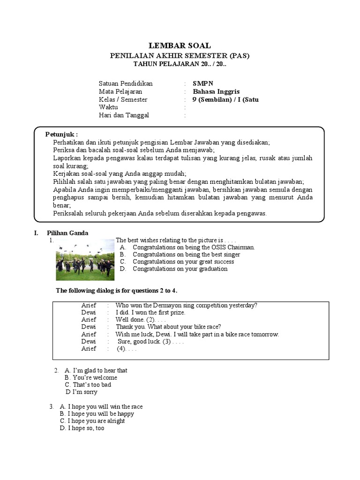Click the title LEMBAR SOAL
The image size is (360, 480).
point(180,45)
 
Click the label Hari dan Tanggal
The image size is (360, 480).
point(124,115)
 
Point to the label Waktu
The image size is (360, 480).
point(108,107)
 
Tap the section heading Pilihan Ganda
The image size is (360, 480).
point(67,233)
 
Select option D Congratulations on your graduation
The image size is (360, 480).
point(180,269)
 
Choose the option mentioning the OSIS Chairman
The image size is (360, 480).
point(194,247)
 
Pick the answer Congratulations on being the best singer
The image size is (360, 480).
point(186,255)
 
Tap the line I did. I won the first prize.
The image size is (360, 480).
point(150,312)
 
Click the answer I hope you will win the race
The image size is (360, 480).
point(105,406)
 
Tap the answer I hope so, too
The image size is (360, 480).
point(86,428)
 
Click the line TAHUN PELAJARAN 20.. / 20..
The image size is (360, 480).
point(180,64)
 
